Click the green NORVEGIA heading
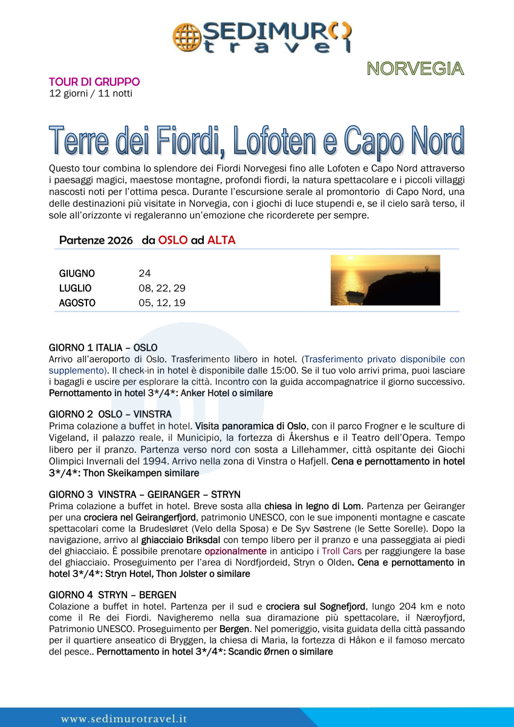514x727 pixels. click(x=415, y=69)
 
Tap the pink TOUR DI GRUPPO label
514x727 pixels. click(x=94, y=82)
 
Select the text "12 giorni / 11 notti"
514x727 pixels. click(x=91, y=93)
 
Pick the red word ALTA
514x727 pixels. click(x=221, y=240)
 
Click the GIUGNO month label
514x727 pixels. click(x=77, y=273)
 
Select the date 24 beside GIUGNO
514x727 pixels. click(x=145, y=273)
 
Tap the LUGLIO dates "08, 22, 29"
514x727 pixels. click(x=161, y=289)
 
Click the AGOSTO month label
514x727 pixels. click(x=77, y=303)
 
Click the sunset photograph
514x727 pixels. click(x=385, y=280)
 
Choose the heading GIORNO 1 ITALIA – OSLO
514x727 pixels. click(x=103, y=348)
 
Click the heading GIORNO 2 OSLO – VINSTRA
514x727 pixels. click(x=109, y=414)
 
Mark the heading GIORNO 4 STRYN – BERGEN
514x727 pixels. click(x=112, y=595)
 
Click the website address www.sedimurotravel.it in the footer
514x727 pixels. click(x=124, y=719)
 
